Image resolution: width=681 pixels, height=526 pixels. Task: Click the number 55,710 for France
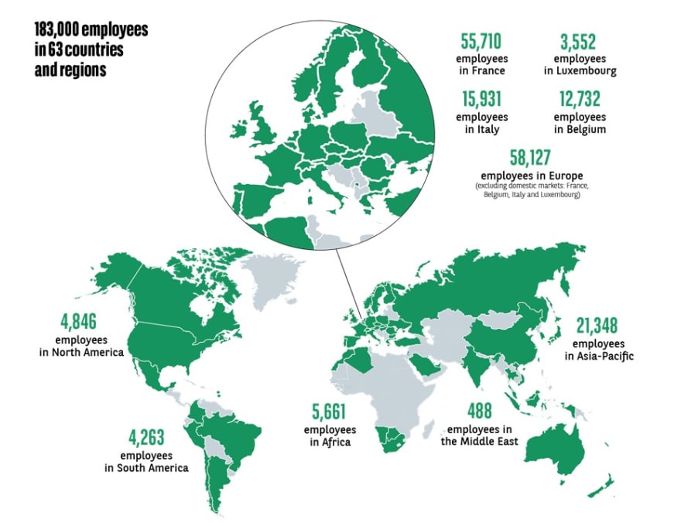[481, 40]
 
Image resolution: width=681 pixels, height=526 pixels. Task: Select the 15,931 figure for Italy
[481, 100]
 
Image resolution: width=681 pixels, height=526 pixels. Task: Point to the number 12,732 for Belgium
[580, 100]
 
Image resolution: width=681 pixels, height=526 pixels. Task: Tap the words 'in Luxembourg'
[580, 71]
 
